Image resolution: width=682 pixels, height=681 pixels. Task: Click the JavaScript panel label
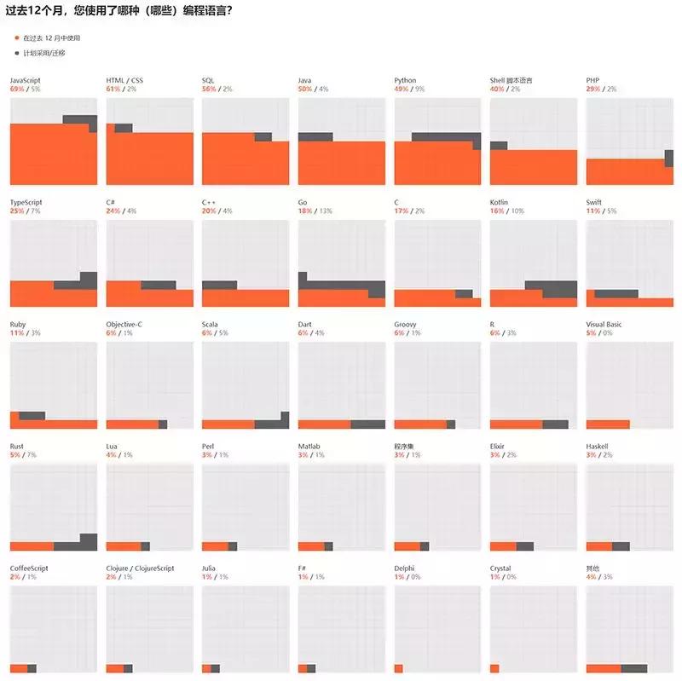[x=26, y=80]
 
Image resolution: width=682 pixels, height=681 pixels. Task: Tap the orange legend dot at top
[x=15, y=38]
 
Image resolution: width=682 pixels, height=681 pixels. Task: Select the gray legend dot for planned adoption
[x=15, y=53]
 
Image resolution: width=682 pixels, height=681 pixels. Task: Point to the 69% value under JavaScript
[x=17, y=89]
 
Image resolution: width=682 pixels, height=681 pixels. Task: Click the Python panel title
[x=406, y=80]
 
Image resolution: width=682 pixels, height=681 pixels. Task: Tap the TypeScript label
[x=26, y=202]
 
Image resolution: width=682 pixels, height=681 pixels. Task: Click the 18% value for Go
[x=304, y=211]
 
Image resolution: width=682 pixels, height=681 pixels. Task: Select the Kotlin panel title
[x=500, y=202]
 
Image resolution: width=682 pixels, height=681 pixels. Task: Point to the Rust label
[x=17, y=446]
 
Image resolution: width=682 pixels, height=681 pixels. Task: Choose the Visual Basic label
[x=608, y=324]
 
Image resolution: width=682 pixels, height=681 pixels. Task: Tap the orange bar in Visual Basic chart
[x=608, y=424]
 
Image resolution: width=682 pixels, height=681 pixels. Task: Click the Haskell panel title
[x=598, y=446]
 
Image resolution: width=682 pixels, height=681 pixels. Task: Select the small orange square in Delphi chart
[x=398, y=668]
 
